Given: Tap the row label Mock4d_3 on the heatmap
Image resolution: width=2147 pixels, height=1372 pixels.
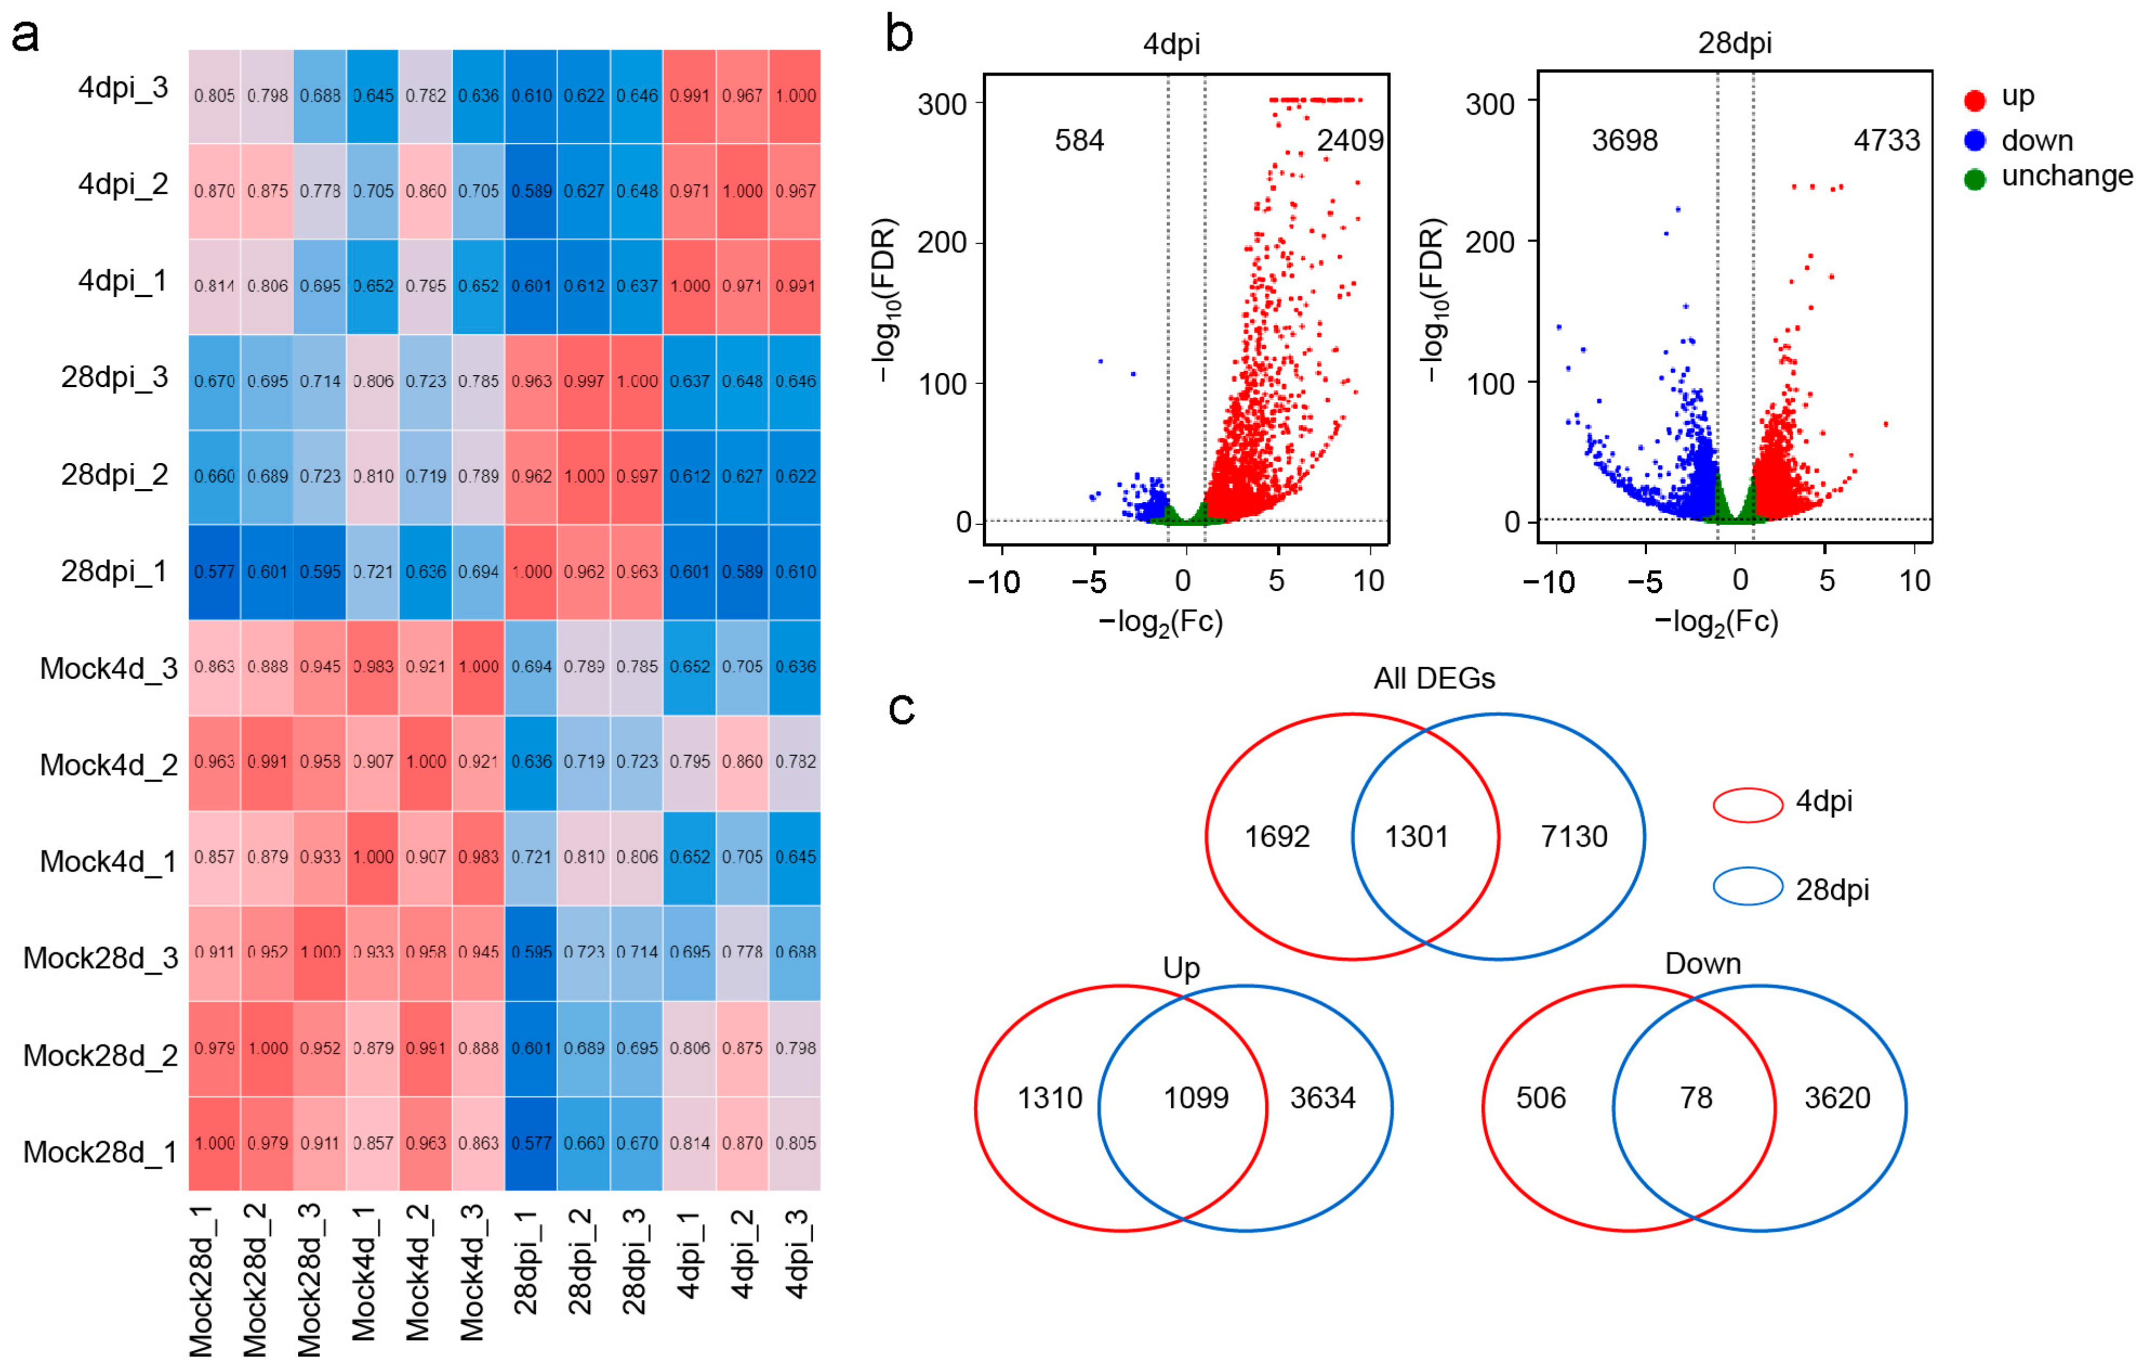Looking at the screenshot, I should click(109, 668).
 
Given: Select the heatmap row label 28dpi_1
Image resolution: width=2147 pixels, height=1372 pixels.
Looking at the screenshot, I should click(114, 571).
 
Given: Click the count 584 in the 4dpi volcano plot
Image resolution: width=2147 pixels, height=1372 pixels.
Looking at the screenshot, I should click(1079, 141).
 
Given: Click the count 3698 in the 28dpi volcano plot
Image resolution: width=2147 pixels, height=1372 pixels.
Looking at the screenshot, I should click(1624, 141).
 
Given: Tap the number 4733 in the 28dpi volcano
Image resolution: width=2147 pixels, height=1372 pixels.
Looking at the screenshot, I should click(1887, 141).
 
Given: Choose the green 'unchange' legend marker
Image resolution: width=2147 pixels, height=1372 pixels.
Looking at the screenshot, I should click(1975, 179).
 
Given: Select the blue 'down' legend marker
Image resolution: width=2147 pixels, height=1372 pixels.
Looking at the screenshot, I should click(1975, 140).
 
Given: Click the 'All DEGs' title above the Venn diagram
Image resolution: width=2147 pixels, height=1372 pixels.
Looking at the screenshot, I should click(1434, 679).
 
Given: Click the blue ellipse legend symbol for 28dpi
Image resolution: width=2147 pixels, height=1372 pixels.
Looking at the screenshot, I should click(1748, 887).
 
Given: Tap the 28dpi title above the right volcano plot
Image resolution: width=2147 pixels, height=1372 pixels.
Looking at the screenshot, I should click(1734, 43).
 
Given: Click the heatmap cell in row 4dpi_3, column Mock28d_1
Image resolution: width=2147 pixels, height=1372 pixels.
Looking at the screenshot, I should click(214, 96).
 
